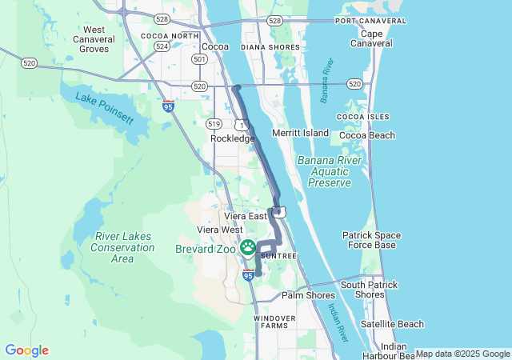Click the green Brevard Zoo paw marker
[248, 248]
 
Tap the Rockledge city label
[232, 138]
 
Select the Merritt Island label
[300, 132]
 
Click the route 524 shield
[162, 46]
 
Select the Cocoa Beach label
[367, 135]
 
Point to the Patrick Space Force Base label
[369, 240]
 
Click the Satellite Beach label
[392, 324]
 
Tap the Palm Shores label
[308, 295]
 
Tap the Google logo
[26, 350]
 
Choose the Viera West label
[220, 230]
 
